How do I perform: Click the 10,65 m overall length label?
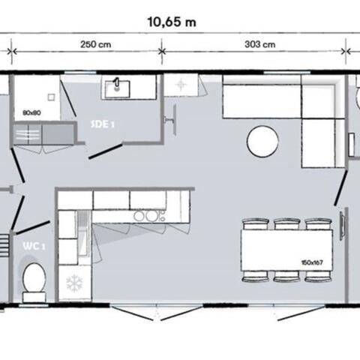click(x=172, y=22)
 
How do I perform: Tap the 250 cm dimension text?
click(x=95, y=44)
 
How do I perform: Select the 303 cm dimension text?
click(x=260, y=44)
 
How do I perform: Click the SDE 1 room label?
click(x=102, y=124)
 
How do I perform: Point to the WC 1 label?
click(x=34, y=246)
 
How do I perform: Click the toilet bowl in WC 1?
click(x=34, y=277)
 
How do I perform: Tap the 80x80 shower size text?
click(x=31, y=112)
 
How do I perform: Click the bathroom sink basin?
click(x=117, y=89)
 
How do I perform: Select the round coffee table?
click(x=262, y=142)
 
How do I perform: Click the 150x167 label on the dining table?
click(x=312, y=262)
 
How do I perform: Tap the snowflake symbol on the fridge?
click(x=74, y=284)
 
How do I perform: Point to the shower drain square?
click(x=51, y=97)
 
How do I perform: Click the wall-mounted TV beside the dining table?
click(x=342, y=226)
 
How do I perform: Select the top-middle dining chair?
click(x=287, y=224)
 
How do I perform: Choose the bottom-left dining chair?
click(x=256, y=276)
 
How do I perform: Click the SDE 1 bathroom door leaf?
click(x=106, y=151)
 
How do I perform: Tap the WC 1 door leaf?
click(x=32, y=227)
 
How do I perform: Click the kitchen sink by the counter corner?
click(x=83, y=233)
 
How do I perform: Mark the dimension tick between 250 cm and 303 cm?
click(x=162, y=52)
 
